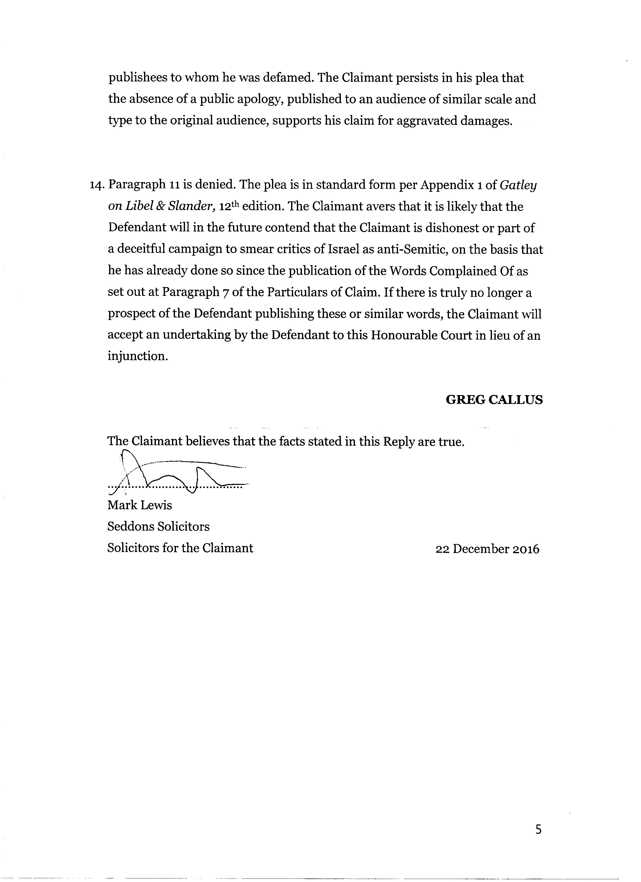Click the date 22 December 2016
[x=487, y=549]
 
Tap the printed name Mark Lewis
[x=140, y=505]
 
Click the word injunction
[x=138, y=356]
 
